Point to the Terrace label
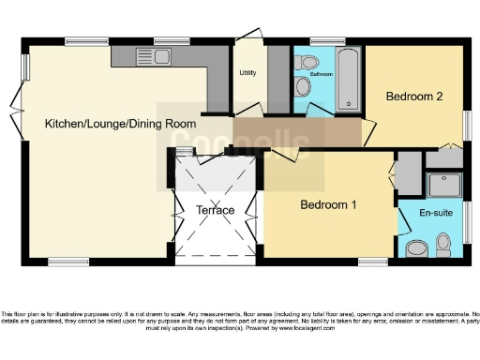click(215, 210)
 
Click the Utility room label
click(248, 73)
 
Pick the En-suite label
click(434, 214)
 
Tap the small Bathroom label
click(322, 73)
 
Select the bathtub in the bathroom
click(348, 79)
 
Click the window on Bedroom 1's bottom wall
click(372, 261)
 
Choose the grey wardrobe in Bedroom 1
click(409, 172)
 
